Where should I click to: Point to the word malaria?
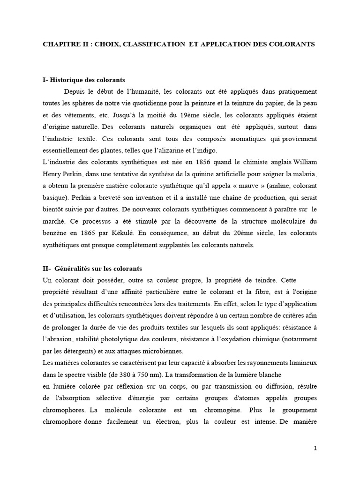point(306,174)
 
